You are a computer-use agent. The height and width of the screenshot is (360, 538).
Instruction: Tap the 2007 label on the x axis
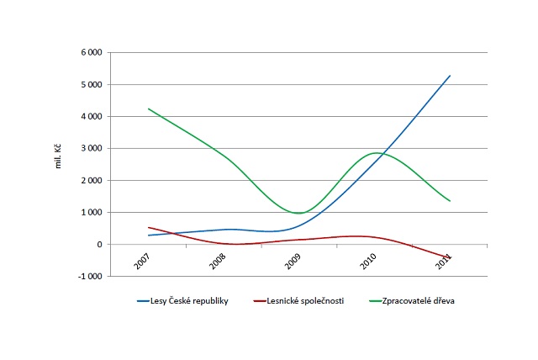pyautogui.click(x=142, y=262)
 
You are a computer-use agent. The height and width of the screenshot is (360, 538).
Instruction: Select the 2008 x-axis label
pyautogui.click(x=218, y=262)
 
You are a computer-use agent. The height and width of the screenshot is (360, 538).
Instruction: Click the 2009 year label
pyautogui.click(x=293, y=262)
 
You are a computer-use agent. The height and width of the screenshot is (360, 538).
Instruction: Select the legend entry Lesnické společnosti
pyautogui.click(x=305, y=300)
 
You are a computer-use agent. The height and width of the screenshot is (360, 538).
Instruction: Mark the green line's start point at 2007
pyautogui.click(x=148, y=109)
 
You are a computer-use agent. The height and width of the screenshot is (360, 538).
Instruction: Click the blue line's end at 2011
pyautogui.click(x=451, y=76)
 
